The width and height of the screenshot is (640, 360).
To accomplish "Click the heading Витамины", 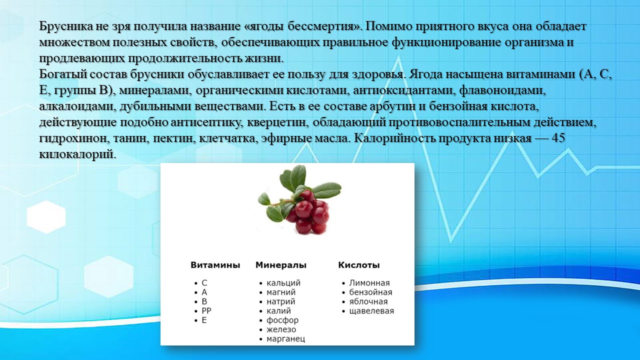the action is click(215, 265).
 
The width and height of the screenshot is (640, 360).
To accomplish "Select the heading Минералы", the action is click(281, 265).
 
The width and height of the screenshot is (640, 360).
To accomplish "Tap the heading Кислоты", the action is click(359, 265).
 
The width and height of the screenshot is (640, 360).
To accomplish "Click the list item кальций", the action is click(283, 283).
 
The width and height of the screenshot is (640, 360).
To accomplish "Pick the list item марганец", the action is click(285, 339).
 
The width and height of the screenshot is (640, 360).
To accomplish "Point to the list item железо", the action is click(281, 329).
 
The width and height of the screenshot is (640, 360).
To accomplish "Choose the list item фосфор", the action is click(282, 320).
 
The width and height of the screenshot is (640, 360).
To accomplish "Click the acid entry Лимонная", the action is click(369, 283).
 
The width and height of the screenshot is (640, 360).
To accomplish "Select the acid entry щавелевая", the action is click(371, 311).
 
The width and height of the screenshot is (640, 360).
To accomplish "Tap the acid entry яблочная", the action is click(368, 301).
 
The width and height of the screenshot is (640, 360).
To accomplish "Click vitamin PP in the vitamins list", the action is click(206, 311).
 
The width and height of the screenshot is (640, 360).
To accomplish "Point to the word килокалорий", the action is click(77, 155).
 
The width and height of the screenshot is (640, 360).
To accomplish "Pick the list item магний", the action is click(281, 292).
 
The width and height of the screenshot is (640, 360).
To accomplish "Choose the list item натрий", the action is click(281, 302).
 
